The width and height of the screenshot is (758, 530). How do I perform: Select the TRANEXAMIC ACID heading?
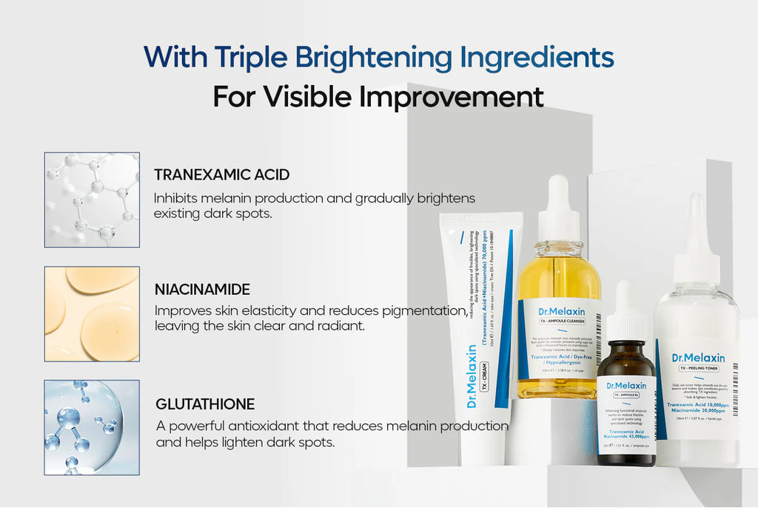point(221,175)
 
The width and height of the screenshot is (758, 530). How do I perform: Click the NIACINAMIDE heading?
point(202,289)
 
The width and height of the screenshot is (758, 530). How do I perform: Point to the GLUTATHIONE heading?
point(205,404)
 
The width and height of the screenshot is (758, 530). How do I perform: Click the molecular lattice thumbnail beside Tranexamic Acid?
point(92,200)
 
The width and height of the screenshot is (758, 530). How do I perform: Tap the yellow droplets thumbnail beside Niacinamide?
point(92,314)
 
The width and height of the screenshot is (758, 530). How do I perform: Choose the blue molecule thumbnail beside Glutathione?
point(92,427)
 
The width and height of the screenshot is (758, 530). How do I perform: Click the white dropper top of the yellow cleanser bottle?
point(559,210)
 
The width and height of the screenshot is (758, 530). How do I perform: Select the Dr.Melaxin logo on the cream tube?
point(472,377)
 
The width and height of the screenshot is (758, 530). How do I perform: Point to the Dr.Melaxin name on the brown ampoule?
point(626,385)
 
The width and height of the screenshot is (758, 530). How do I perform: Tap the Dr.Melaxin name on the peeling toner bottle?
point(698,358)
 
